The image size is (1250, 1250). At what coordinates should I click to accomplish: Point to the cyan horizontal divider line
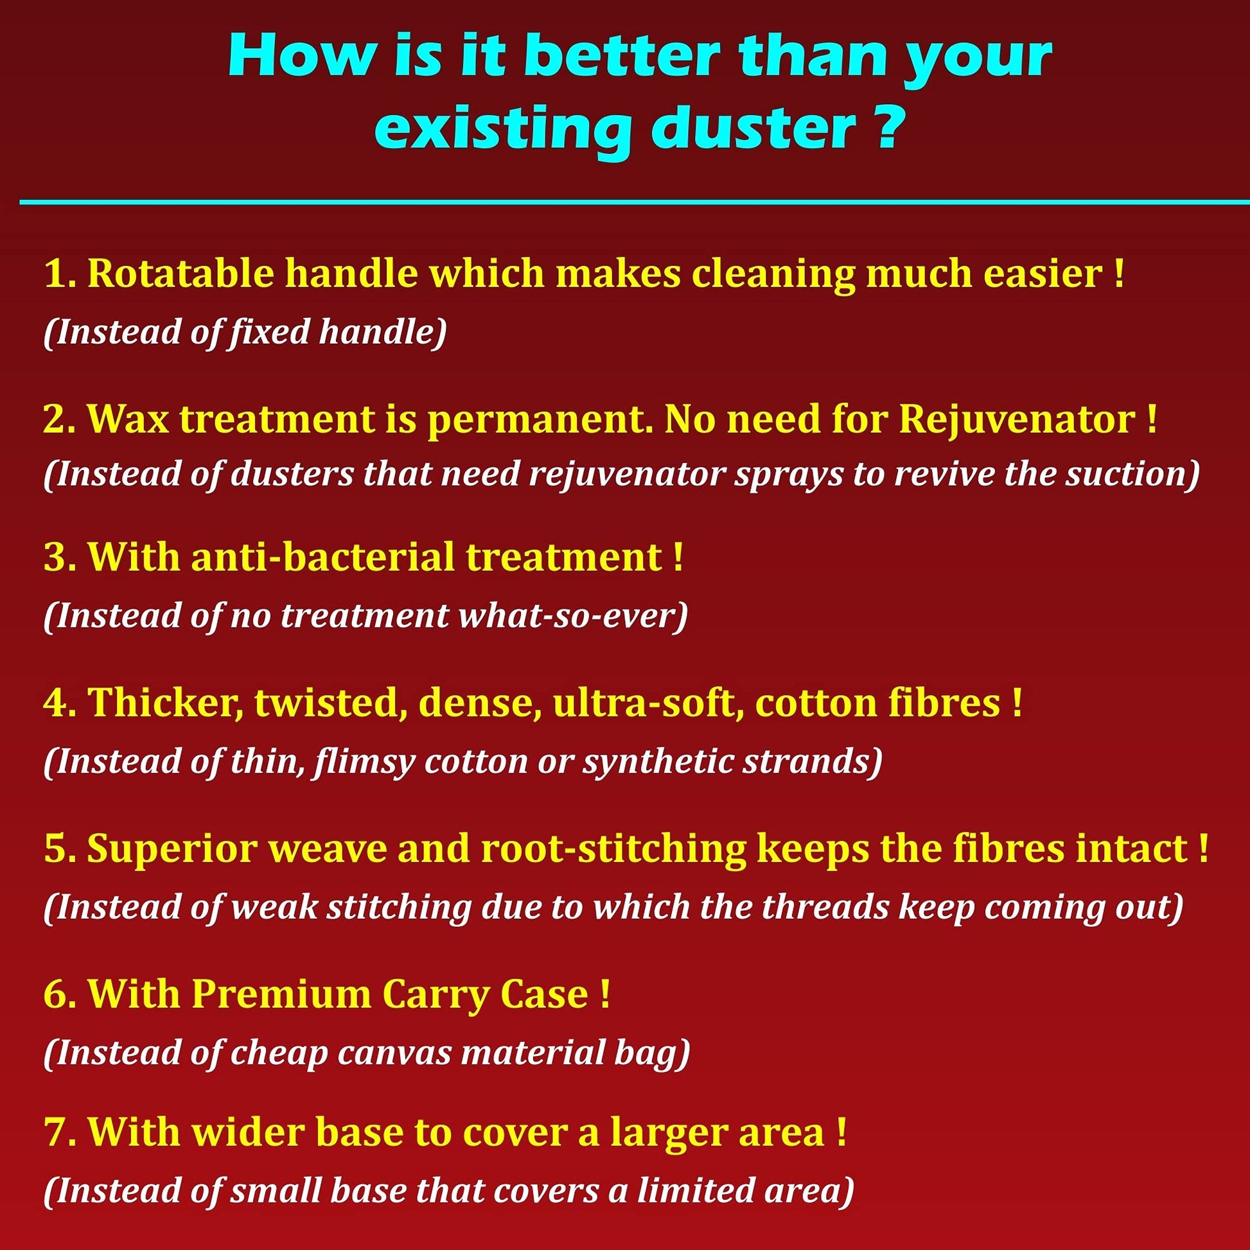tap(635, 202)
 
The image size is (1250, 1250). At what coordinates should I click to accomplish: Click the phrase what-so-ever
tap(572, 615)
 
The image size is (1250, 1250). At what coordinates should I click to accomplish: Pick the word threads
tap(825, 907)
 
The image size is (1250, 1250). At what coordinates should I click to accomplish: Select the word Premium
tap(281, 994)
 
